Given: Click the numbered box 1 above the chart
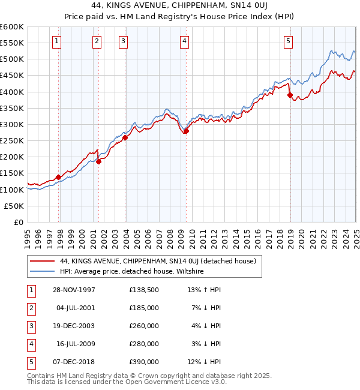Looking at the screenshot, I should point(56,41).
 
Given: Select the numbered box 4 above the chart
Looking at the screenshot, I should point(184,41).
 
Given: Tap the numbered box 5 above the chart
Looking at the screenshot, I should point(288,41).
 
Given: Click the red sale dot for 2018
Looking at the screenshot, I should point(290,95).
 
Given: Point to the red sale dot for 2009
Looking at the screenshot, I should point(186,131).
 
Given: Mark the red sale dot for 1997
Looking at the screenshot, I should point(58,177).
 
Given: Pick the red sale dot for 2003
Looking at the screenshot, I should point(125,137).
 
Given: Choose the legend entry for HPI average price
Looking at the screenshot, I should point(132,271).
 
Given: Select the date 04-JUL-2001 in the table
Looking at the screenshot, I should point(76,308).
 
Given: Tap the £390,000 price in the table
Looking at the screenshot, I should point(144,362).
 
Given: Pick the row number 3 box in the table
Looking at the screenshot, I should point(30,326).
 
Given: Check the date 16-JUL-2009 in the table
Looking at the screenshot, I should point(76,344).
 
